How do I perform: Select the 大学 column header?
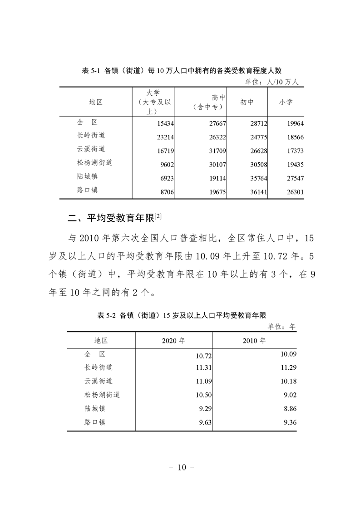pyautogui.click(x=153, y=102)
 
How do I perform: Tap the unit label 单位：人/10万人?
pyautogui.click(x=271, y=82)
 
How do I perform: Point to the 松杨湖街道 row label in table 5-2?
pyautogui.click(x=102, y=395)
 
